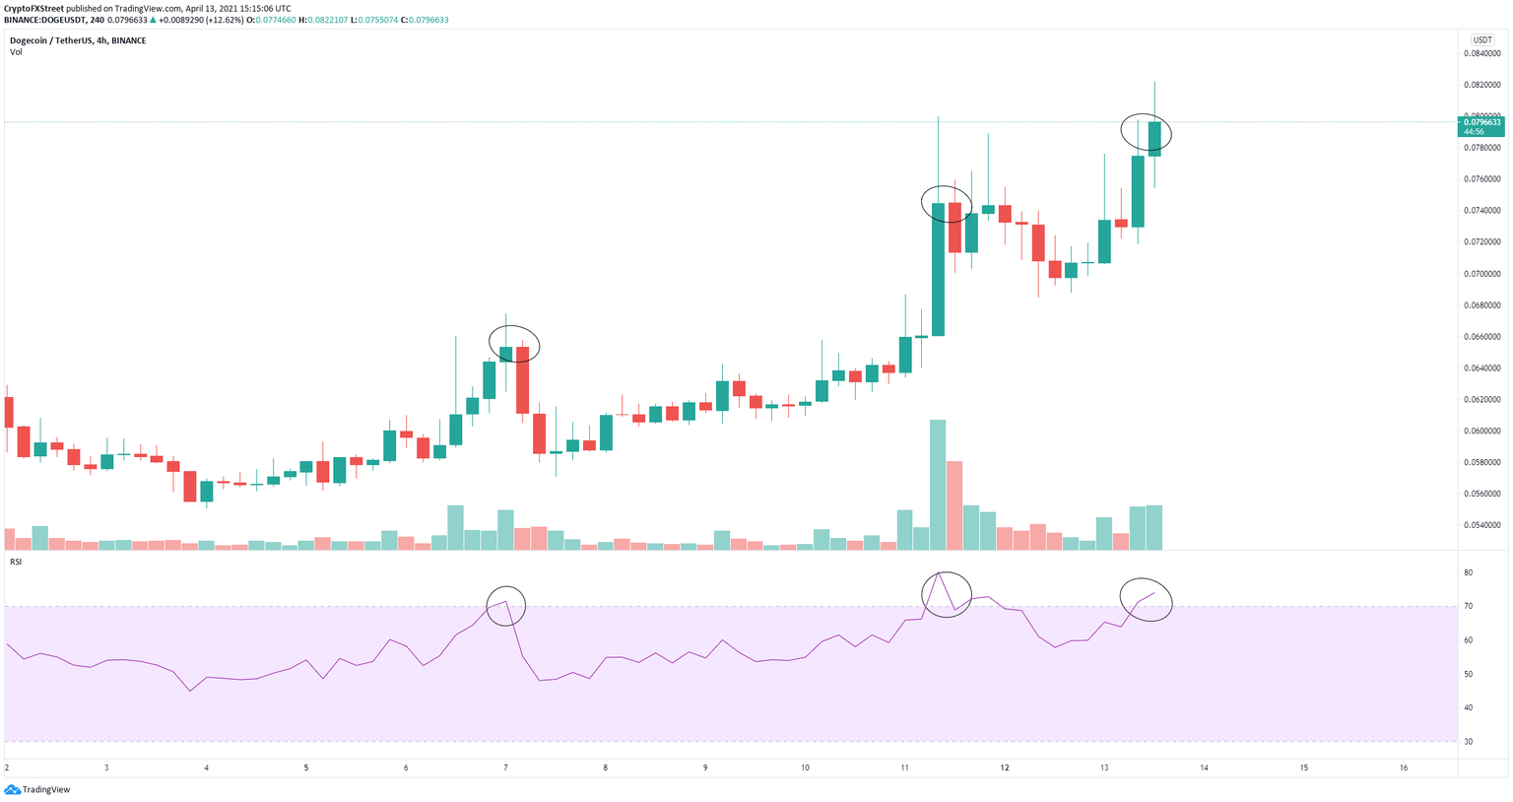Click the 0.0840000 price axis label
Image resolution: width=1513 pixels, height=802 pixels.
tap(1481, 53)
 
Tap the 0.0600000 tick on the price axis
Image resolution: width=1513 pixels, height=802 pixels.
tap(1481, 432)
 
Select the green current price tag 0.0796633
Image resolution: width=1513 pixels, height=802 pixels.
tap(1480, 122)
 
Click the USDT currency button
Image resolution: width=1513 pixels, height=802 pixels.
tap(1481, 40)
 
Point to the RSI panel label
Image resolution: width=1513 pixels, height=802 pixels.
tap(16, 562)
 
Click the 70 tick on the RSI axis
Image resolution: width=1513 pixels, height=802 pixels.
tap(1468, 606)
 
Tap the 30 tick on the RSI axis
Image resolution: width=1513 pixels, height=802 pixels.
tap(1468, 741)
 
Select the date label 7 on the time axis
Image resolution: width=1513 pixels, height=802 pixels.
tap(505, 768)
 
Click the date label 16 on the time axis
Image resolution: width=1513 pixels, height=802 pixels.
tap(1404, 768)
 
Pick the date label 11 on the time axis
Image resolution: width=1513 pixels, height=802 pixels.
tap(904, 768)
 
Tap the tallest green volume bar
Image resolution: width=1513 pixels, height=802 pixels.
tap(938, 484)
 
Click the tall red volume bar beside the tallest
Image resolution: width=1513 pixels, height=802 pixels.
tap(954, 504)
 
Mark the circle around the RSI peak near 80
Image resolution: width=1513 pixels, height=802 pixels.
tap(947, 594)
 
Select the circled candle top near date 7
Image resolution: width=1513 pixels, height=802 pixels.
tap(514, 343)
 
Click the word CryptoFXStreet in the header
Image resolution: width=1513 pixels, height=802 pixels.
tap(33, 8)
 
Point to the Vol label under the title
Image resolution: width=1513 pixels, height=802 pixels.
tap(16, 52)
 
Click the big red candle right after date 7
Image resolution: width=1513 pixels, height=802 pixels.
tap(522, 379)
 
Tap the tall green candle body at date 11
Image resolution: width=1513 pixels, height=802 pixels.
tap(938, 269)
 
